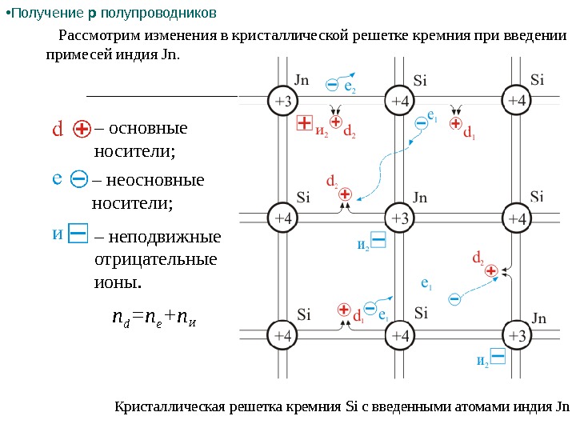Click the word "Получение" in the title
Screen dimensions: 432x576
click(42, 14)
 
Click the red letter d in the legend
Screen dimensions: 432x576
click(58, 129)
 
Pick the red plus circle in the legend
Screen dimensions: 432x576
click(82, 129)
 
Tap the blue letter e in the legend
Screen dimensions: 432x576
click(58, 179)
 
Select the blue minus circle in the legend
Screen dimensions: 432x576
click(79, 180)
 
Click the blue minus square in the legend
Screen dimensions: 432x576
click(78, 234)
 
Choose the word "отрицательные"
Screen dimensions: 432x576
click(155, 260)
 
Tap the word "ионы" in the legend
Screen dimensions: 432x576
click(116, 282)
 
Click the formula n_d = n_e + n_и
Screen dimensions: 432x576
click(153, 320)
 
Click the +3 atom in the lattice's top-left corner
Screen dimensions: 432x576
click(284, 101)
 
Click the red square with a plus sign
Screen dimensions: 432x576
click(304, 122)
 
